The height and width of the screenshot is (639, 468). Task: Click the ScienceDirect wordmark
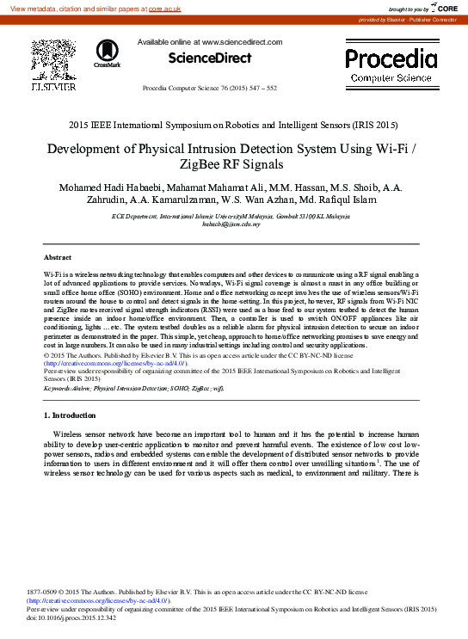[210, 58]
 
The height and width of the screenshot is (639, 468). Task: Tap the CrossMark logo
[108, 54]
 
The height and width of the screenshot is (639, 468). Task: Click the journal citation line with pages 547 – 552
[209, 88]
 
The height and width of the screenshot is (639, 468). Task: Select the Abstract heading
[58, 257]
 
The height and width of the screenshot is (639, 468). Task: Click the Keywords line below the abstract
[127, 388]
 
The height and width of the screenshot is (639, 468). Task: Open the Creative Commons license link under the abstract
[114, 364]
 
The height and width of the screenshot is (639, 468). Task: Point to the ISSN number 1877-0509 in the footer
[44, 593]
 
